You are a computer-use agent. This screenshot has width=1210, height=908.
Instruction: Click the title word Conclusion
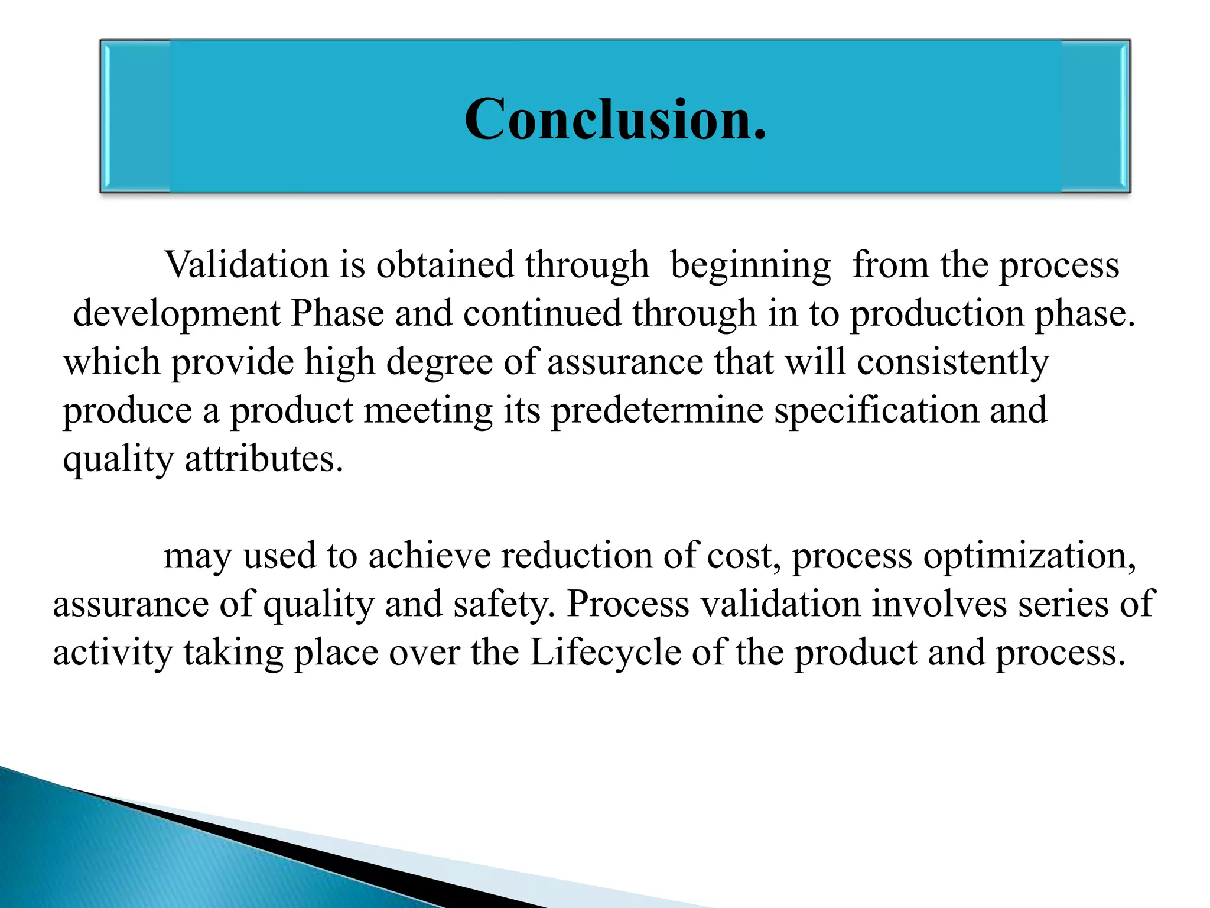click(x=615, y=119)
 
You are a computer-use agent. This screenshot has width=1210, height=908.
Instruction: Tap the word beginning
click(x=750, y=265)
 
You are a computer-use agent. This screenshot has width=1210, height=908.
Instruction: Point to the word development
click(x=176, y=313)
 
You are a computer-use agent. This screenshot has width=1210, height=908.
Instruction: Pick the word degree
click(x=440, y=362)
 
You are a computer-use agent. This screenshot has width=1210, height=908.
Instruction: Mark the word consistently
click(x=952, y=362)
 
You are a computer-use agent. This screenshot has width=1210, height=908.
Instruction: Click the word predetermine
click(x=657, y=410)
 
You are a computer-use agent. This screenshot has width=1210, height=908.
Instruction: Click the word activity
click(x=113, y=653)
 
